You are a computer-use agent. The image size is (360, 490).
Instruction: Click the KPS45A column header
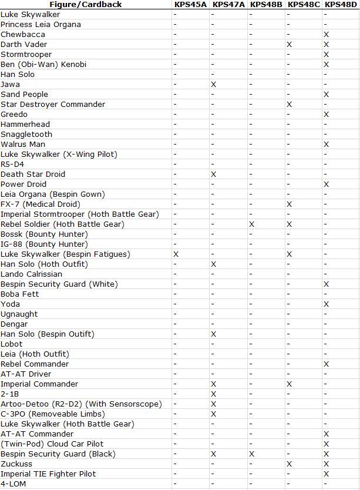[190, 4]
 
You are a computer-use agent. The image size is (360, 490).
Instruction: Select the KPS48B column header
[266, 4]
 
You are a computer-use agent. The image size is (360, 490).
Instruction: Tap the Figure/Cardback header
[86, 4]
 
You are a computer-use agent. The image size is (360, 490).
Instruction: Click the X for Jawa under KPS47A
[213, 85]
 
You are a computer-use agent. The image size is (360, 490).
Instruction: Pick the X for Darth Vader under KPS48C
[289, 45]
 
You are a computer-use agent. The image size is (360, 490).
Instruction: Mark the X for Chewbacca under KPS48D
[327, 35]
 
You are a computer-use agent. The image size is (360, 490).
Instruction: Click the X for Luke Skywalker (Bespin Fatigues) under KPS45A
[176, 254]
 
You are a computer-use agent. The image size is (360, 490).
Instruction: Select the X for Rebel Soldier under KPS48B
[251, 224]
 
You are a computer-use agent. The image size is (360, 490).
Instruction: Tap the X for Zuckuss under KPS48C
[289, 464]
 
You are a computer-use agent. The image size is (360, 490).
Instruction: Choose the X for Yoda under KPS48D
[327, 304]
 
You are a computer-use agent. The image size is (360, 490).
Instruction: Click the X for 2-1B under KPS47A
[213, 394]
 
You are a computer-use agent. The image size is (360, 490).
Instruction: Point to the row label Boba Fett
[20, 294]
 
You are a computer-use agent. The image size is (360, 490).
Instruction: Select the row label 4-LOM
[14, 484]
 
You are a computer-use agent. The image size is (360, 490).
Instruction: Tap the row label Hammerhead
[25, 125]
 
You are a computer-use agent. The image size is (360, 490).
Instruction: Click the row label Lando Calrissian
[31, 274]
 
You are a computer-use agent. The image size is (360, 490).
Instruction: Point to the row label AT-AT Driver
[26, 374]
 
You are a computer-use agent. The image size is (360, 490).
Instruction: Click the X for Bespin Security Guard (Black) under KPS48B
[251, 454]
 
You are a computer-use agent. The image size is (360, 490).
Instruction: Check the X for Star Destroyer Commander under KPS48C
[289, 105]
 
